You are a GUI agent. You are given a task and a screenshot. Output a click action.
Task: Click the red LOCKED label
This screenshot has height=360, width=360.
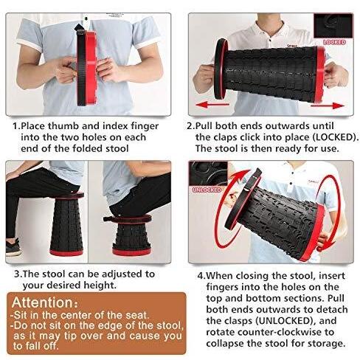tap(334, 42)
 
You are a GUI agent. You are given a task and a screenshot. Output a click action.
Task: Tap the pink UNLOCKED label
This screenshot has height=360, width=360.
tap(207, 190)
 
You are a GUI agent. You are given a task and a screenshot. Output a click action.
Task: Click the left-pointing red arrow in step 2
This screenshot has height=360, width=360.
tap(212, 105)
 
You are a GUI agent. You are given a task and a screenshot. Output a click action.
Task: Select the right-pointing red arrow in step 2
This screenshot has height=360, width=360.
tap(328, 106)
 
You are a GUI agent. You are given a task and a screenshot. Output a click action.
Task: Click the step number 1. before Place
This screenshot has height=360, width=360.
tap(16, 126)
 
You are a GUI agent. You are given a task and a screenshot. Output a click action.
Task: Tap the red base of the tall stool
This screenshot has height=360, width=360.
tap(66, 252)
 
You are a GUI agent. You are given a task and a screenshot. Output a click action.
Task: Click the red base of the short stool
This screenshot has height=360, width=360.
tap(131, 252)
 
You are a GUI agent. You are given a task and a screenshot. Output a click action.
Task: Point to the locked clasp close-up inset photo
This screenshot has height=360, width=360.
tap(333, 26)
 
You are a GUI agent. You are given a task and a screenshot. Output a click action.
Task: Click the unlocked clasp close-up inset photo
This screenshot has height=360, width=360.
tap(208, 173)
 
